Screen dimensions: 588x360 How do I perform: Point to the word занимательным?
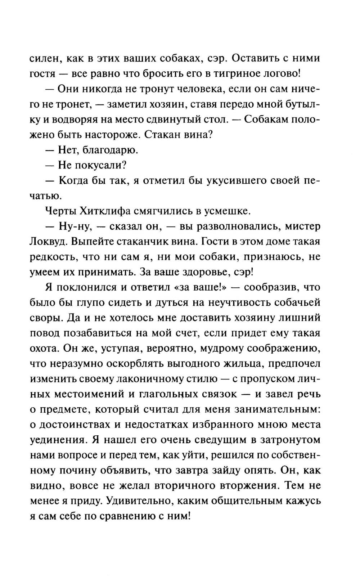tap(277, 410)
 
